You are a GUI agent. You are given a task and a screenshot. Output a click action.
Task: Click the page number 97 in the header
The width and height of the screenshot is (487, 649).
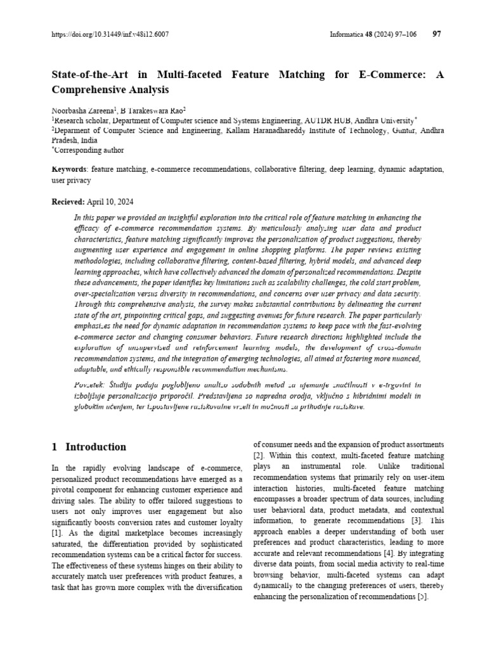pos(436,34)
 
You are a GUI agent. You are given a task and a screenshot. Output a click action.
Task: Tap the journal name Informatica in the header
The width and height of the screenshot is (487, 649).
pos(347,34)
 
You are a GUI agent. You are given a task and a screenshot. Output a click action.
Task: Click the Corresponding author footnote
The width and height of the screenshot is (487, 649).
pos(89,150)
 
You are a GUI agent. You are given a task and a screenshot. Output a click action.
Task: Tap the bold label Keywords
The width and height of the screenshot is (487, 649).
pos(68,170)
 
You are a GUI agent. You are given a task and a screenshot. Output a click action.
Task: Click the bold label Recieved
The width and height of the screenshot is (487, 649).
pos(67,202)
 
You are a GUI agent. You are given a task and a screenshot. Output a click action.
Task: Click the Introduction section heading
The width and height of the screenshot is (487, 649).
pos(95,447)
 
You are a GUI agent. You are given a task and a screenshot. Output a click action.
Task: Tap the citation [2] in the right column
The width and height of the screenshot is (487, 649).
pos(259,456)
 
